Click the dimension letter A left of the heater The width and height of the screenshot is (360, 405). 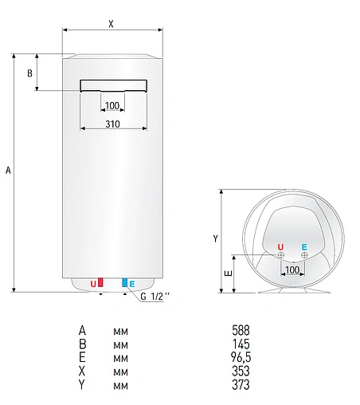[x=8, y=171]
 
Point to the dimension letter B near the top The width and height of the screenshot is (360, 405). [x=29, y=73]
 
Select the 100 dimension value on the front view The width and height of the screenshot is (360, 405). [x=112, y=106]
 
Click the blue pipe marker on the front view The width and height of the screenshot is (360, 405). [x=124, y=283]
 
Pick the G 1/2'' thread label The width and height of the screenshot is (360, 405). [x=155, y=297]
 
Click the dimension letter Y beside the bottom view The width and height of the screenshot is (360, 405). [x=216, y=238]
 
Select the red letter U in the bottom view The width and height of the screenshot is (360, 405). [x=280, y=246]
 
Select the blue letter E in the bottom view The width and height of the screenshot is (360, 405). [x=305, y=246]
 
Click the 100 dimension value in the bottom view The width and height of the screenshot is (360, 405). [x=292, y=270]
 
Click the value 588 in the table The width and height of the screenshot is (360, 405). [x=240, y=329]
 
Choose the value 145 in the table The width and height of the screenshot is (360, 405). [x=240, y=344]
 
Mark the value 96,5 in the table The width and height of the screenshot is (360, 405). [x=240, y=357]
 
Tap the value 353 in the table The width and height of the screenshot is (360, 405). [x=240, y=372]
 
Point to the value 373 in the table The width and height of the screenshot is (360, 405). [x=240, y=386]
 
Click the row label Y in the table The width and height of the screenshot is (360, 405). [x=82, y=386]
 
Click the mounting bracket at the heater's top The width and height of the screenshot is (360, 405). [x=112, y=85]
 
